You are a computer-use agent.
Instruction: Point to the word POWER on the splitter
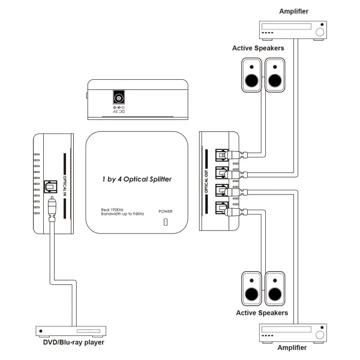click(x=165, y=211)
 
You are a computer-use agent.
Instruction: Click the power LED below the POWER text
click(x=166, y=224)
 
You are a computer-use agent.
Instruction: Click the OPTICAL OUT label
click(x=208, y=179)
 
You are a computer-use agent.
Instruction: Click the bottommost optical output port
click(x=222, y=210)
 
